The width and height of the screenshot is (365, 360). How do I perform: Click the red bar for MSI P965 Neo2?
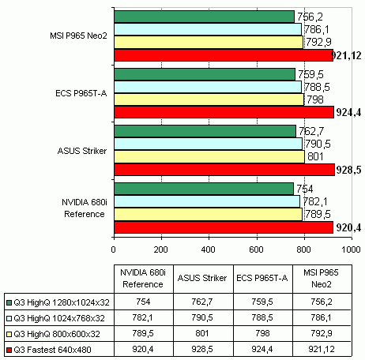[x=224, y=55]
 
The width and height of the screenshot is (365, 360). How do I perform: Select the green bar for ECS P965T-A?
[x=205, y=74]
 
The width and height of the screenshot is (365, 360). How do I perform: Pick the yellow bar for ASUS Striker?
[x=209, y=157]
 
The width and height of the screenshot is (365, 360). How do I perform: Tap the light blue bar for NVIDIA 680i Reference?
[x=207, y=201]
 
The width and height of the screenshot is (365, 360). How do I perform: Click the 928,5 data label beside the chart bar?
[x=348, y=170]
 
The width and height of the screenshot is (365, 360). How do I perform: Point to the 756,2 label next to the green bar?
[x=310, y=17]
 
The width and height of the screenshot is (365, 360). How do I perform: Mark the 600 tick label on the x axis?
[x=256, y=249]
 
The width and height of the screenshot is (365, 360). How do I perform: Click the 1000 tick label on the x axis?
[x=351, y=249]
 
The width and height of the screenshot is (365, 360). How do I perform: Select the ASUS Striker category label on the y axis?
[x=82, y=151]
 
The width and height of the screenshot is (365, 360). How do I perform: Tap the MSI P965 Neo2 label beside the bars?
[x=78, y=36]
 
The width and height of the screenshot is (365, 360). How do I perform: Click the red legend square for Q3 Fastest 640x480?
[x=9, y=350]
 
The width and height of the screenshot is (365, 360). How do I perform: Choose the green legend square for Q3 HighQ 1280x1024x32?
[x=9, y=302]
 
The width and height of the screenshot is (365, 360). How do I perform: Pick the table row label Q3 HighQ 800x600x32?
[x=57, y=334]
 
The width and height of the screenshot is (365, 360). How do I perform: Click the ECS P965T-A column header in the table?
[x=262, y=278]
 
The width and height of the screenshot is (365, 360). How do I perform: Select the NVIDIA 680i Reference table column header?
[x=143, y=279]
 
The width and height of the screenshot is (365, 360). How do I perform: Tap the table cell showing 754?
[x=143, y=302]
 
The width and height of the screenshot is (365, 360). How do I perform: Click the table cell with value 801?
[x=202, y=333]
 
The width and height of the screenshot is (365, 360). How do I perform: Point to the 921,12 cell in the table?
[x=322, y=349]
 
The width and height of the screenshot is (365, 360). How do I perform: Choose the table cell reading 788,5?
[x=262, y=317]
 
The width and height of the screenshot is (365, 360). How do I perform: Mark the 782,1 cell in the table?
[x=142, y=317]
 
